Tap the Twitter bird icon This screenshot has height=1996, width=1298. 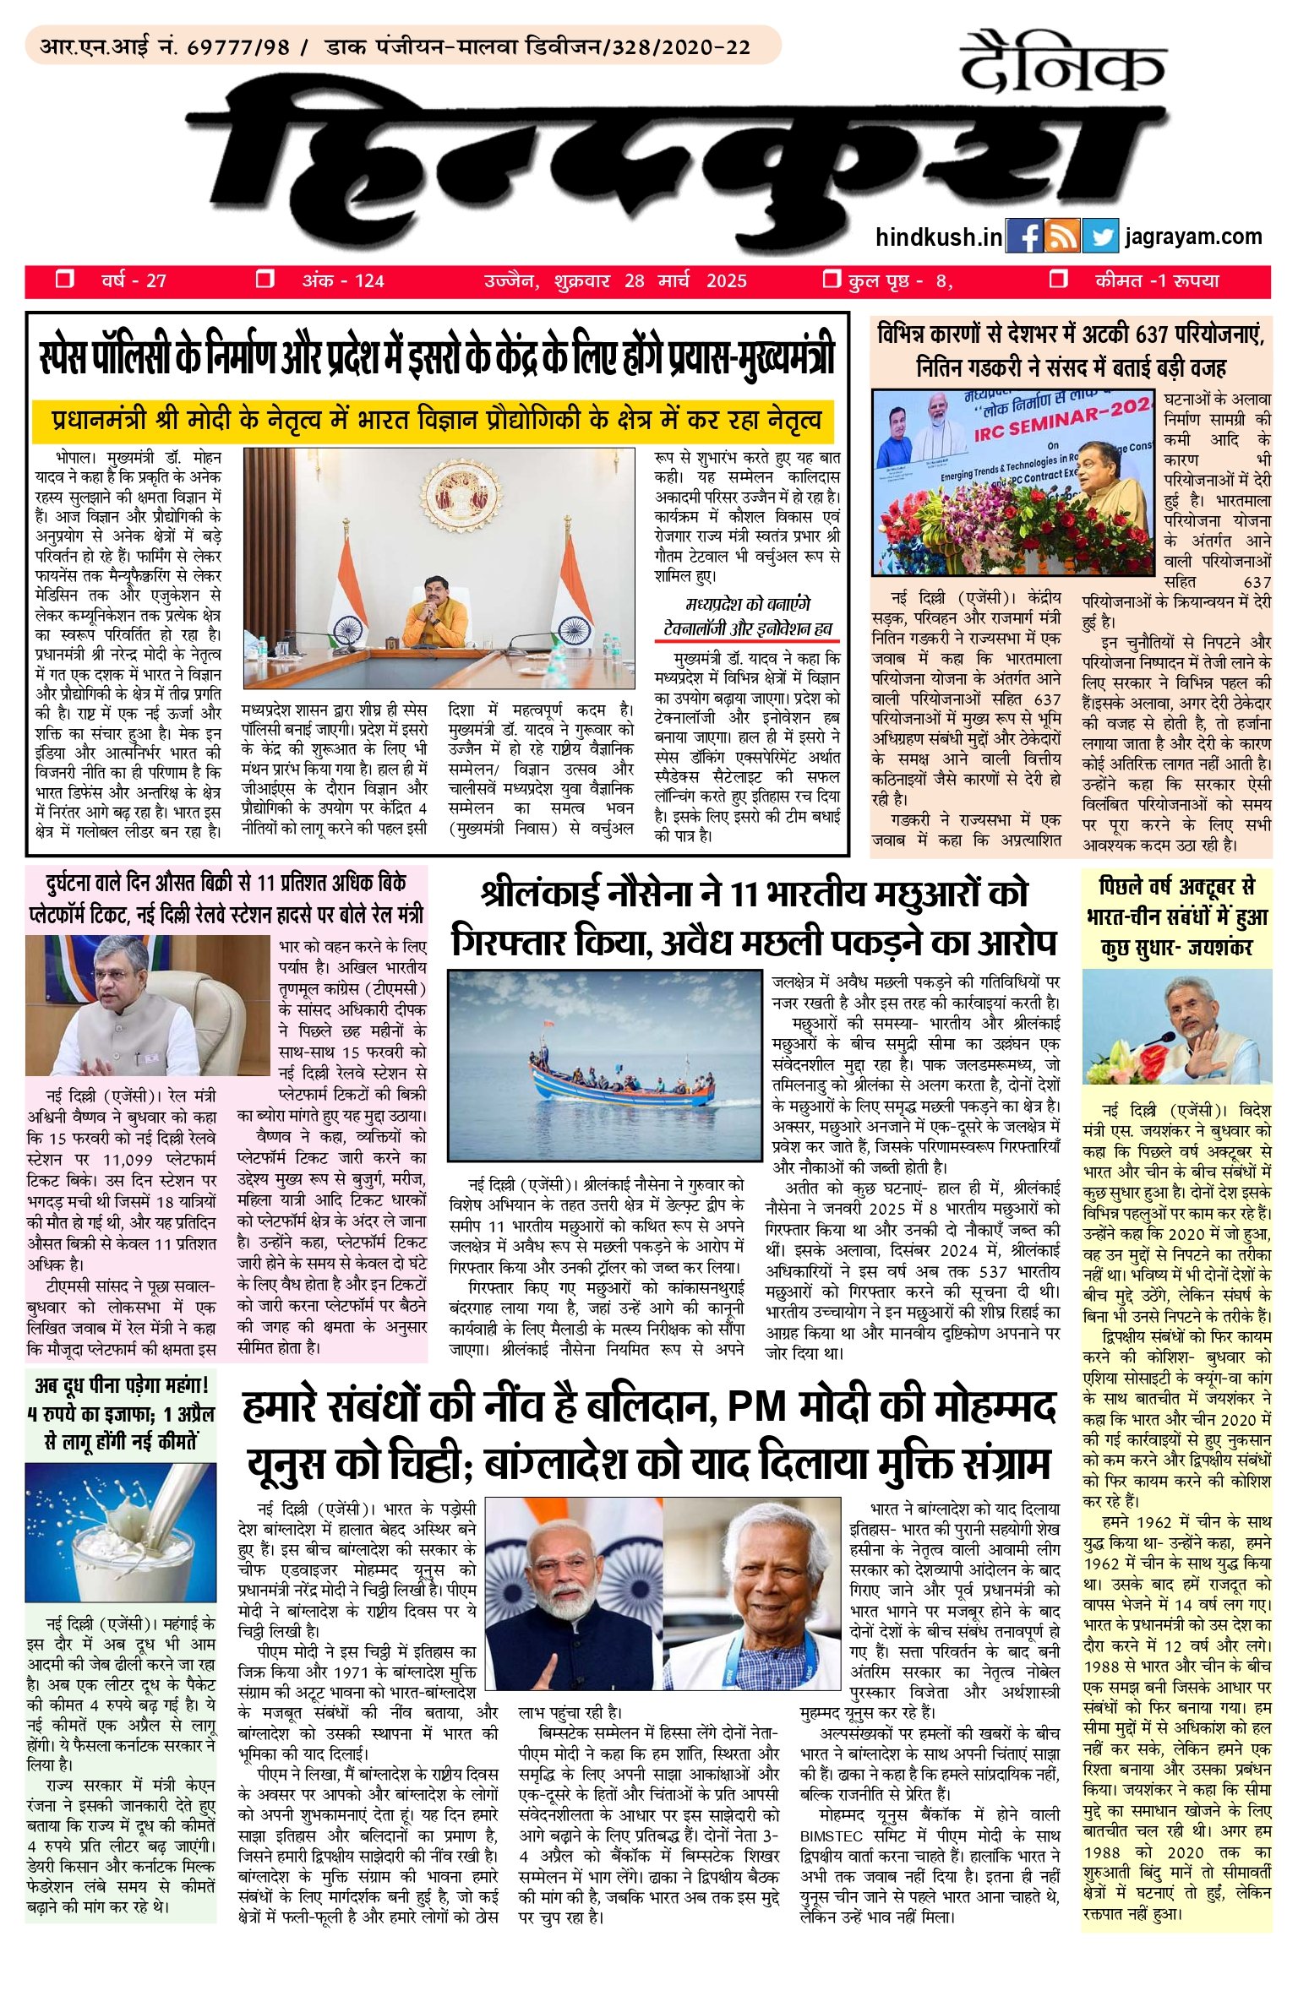pyautogui.click(x=1100, y=237)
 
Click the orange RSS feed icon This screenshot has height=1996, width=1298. pyautogui.click(x=1061, y=237)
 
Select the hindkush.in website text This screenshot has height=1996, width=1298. pyautogui.click(x=939, y=237)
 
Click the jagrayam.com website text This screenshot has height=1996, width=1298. pyautogui.click(x=1193, y=237)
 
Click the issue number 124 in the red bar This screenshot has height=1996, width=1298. pyautogui.click(x=369, y=281)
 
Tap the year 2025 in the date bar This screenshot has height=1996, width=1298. pyautogui.click(x=726, y=281)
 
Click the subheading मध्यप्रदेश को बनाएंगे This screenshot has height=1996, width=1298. pyautogui.click(x=747, y=605)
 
